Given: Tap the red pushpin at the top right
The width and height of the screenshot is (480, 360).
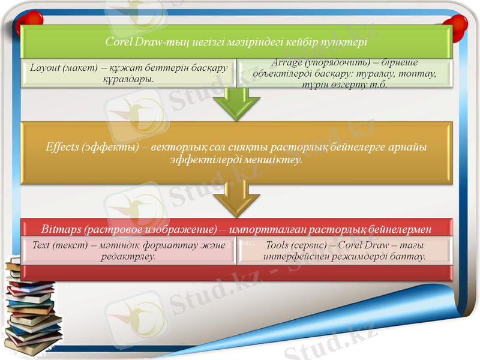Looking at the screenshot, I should (x=458, y=24).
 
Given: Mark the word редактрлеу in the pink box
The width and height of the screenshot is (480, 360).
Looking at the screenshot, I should (x=129, y=256).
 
